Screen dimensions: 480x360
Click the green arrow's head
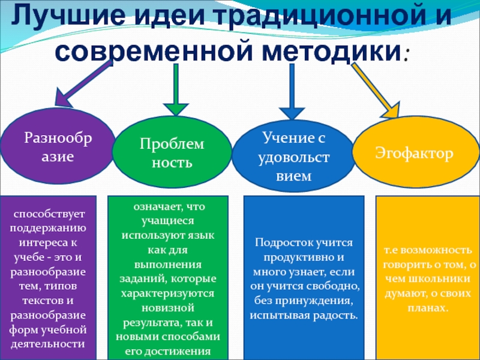(x=175, y=106)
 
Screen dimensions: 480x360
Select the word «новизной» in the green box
(x=168, y=308)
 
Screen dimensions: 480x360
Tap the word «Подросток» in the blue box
(x=283, y=242)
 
